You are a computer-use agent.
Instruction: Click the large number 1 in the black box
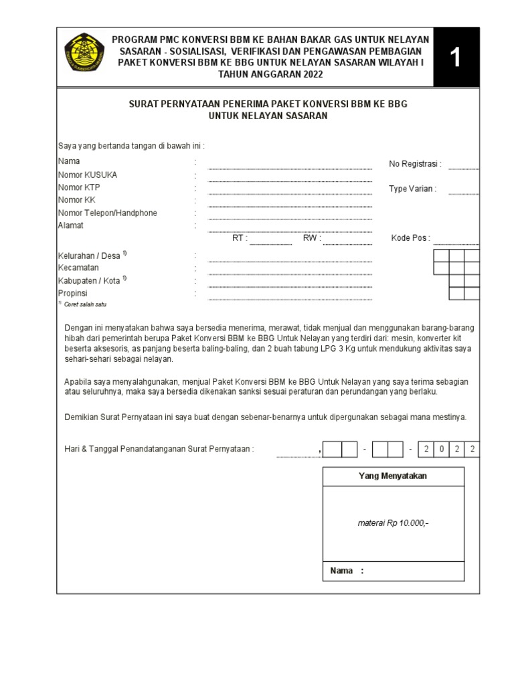tap(455, 58)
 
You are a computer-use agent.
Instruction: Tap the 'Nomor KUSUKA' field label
tap(88, 175)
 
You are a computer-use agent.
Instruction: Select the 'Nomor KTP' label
tap(79, 188)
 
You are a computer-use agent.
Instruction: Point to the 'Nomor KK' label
tap(77, 201)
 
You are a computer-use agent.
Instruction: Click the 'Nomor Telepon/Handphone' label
tap(108, 213)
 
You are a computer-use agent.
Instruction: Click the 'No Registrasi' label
tap(415, 165)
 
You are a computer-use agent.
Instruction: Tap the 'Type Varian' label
tap(412, 189)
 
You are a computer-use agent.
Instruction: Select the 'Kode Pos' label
tap(410, 238)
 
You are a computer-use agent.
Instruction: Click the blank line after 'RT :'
tap(270, 242)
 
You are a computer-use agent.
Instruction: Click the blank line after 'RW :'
tap(347, 242)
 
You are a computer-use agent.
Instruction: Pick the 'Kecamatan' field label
tap(78, 268)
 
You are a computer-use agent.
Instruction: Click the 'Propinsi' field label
tap(73, 294)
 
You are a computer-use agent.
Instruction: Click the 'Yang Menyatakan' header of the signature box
tap(394, 476)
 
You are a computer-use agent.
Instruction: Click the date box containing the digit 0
tap(442, 449)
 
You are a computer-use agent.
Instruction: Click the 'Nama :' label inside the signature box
tap(347, 571)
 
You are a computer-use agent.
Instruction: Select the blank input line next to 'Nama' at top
tap(290, 167)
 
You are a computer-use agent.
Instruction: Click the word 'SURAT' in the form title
tap(144, 105)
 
